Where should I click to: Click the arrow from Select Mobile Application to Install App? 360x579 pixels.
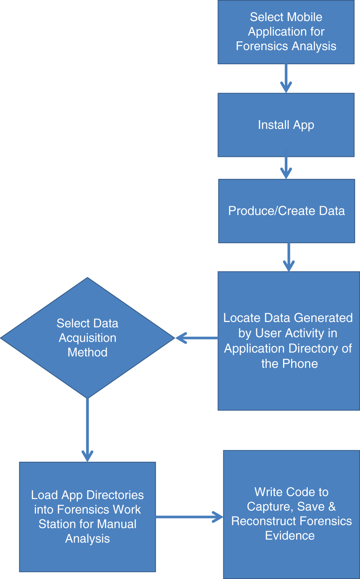286,78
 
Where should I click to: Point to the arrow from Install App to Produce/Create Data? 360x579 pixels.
286,168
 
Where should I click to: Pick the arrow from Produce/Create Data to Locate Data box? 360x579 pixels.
289,257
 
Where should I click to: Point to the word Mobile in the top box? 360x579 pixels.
304,17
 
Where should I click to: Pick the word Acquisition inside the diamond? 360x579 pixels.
87,338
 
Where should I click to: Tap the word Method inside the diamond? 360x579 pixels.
87,352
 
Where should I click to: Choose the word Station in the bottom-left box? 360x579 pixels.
56,524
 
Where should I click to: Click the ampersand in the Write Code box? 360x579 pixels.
332,506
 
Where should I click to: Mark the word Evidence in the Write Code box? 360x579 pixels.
290,536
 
